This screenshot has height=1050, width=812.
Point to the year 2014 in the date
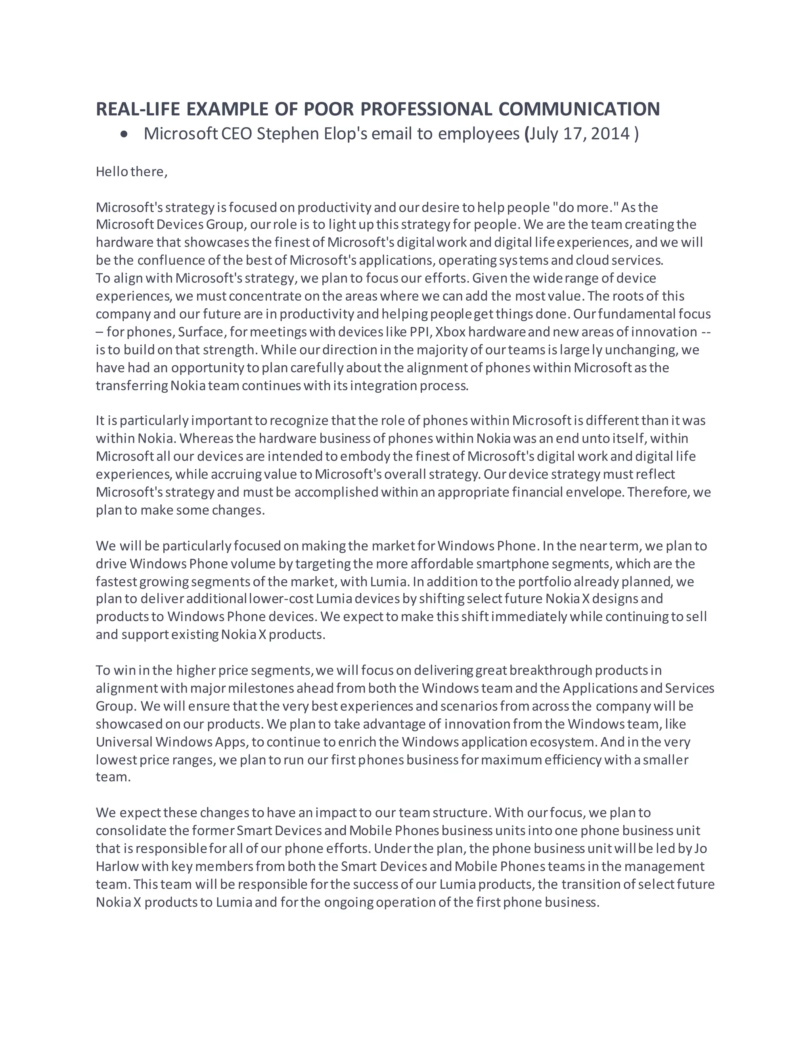[x=610, y=134]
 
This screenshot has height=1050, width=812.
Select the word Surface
[x=201, y=332]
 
